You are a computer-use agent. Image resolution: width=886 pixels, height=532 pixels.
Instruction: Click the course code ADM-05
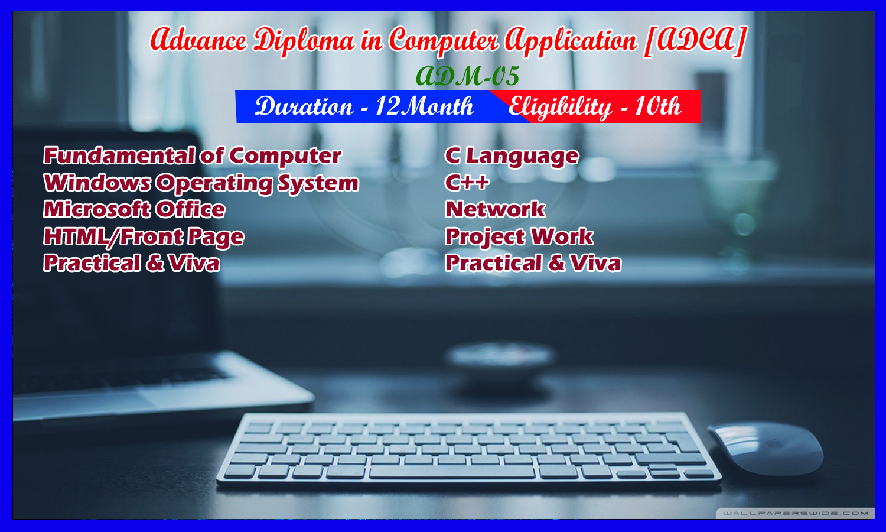point(467,76)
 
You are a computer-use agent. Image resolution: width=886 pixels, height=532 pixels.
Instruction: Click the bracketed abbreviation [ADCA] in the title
point(695,41)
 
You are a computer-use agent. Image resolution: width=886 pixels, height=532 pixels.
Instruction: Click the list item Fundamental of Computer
point(192,155)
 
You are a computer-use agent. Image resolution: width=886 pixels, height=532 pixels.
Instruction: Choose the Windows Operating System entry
point(201,183)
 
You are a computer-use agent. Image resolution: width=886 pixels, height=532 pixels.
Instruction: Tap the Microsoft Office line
point(134,209)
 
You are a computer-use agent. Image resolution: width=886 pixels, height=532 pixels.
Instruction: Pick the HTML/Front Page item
point(144,236)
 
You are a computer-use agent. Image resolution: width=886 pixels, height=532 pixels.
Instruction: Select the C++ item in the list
point(467,183)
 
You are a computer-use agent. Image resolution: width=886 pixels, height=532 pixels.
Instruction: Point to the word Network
point(495,209)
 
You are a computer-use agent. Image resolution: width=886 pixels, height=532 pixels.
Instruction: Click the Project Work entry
point(519,237)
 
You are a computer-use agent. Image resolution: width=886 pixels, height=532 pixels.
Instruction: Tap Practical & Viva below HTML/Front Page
point(131,263)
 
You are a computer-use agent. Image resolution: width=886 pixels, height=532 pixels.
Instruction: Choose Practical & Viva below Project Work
point(533,263)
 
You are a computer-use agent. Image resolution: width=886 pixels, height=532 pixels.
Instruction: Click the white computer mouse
point(766,449)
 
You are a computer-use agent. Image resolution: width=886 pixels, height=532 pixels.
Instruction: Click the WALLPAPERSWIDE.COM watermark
point(796,514)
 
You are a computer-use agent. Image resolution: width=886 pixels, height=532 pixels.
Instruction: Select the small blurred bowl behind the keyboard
point(500,361)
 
